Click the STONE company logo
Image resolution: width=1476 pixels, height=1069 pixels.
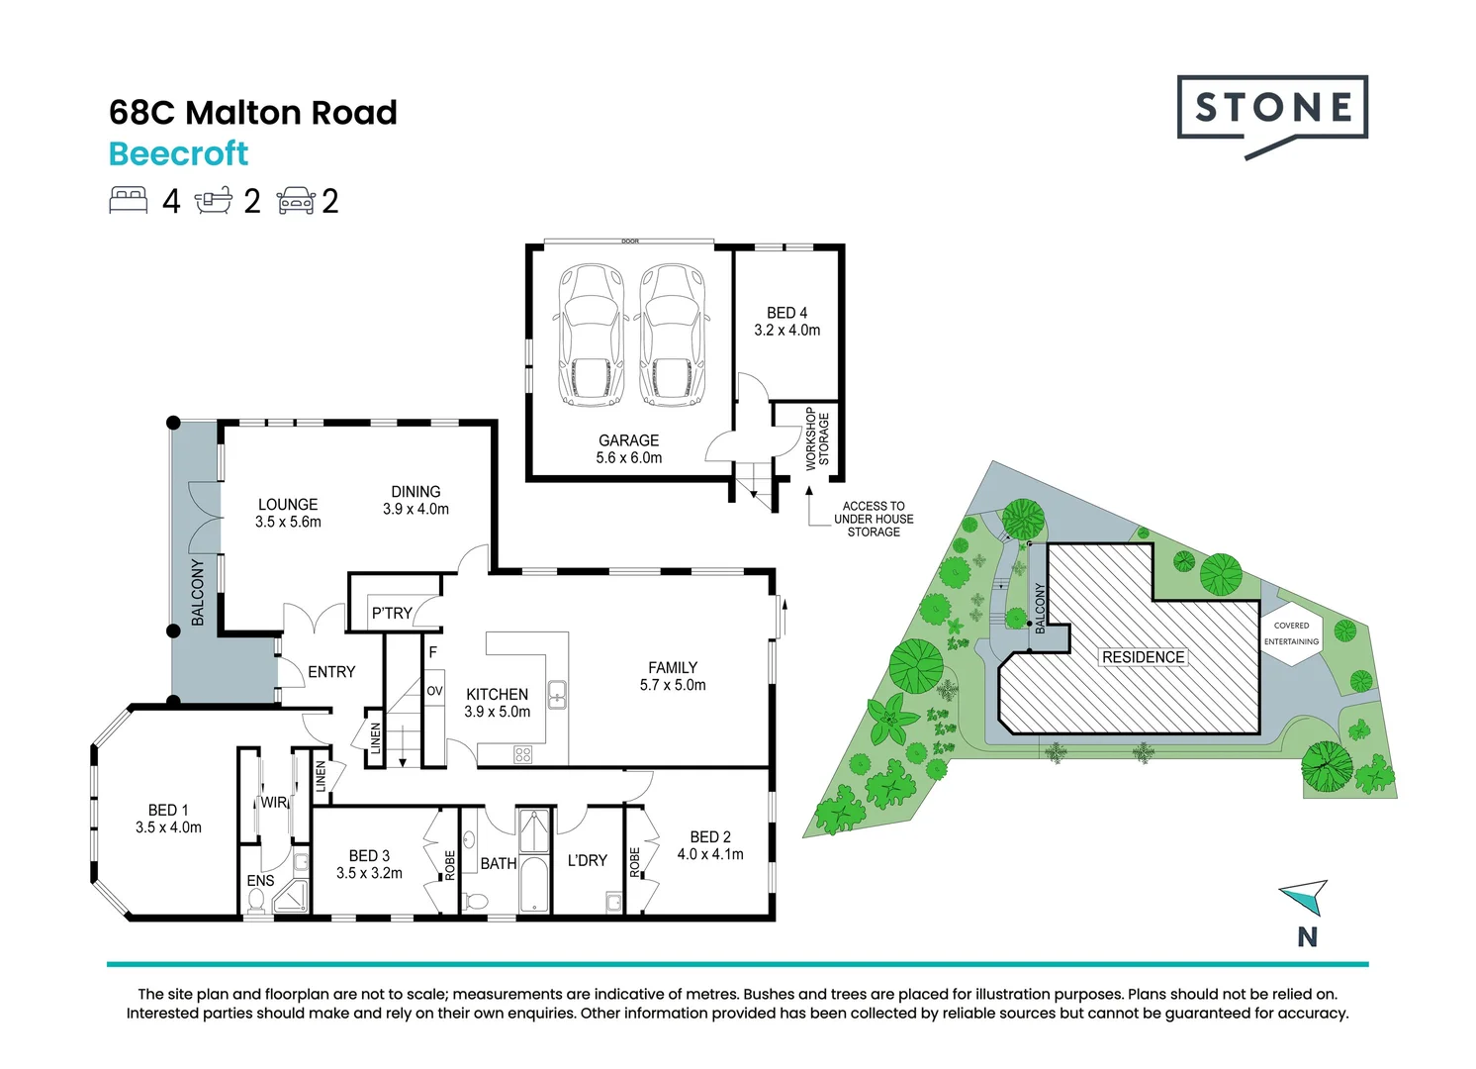coord(1272,116)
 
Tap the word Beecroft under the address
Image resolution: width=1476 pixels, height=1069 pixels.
coord(179,154)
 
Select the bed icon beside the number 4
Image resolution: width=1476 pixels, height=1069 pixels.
coord(128,201)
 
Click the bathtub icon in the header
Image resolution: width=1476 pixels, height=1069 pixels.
coord(214,201)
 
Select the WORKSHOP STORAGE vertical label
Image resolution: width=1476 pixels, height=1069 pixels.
coord(817,438)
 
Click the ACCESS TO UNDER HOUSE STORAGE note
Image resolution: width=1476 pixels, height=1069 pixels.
coord(874,519)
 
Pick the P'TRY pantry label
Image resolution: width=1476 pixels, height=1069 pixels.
coord(392,614)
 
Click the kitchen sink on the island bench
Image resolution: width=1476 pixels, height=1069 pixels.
coord(557,695)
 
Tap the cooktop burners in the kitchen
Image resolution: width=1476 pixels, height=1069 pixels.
coord(523,754)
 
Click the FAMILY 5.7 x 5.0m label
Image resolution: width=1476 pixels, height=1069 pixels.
coord(672,676)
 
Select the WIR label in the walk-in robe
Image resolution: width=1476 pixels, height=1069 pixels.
coord(275,803)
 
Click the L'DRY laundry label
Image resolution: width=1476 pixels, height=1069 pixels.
coord(587,860)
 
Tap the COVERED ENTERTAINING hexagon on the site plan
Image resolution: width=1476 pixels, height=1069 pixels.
coord(1292,633)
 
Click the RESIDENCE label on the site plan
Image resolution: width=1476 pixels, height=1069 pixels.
coord(1144,657)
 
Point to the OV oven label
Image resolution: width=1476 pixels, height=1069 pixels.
coord(434,691)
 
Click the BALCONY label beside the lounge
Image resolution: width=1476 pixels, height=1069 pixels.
coord(197,592)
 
